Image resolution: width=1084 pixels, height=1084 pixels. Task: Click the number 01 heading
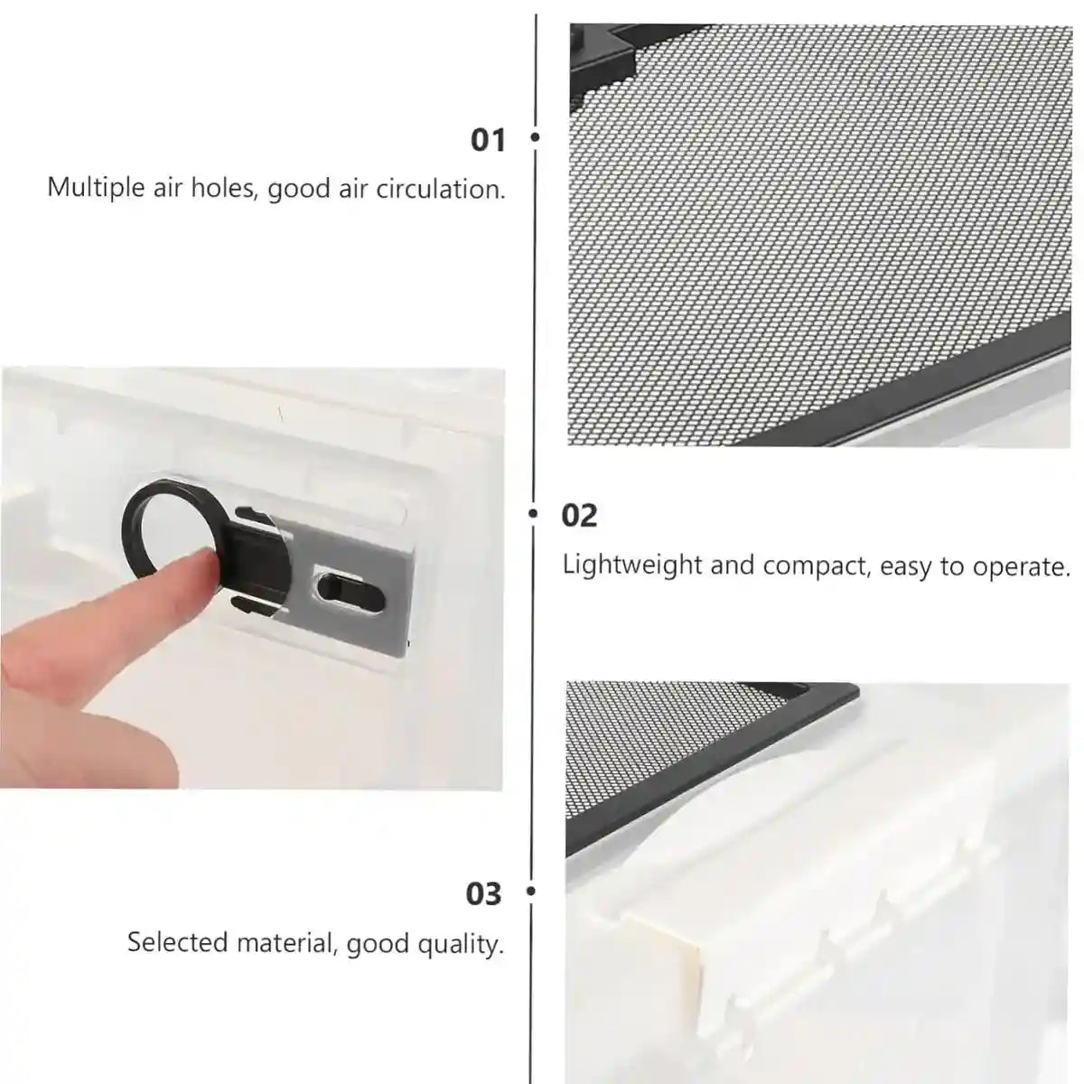point(489,140)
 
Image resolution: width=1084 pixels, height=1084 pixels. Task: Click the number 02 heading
point(579,516)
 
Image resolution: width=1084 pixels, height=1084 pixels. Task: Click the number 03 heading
point(483,893)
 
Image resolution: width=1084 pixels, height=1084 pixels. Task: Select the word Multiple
point(96,188)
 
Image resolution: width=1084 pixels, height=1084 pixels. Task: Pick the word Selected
point(177,942)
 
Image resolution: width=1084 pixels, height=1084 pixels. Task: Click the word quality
point(462,945)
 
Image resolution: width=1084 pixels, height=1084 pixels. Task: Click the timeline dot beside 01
point(535,138)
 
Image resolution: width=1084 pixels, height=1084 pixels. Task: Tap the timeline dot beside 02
point(534,514)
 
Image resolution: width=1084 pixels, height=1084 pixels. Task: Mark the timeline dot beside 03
point(531,892)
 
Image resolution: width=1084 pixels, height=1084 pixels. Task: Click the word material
point(285,942)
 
